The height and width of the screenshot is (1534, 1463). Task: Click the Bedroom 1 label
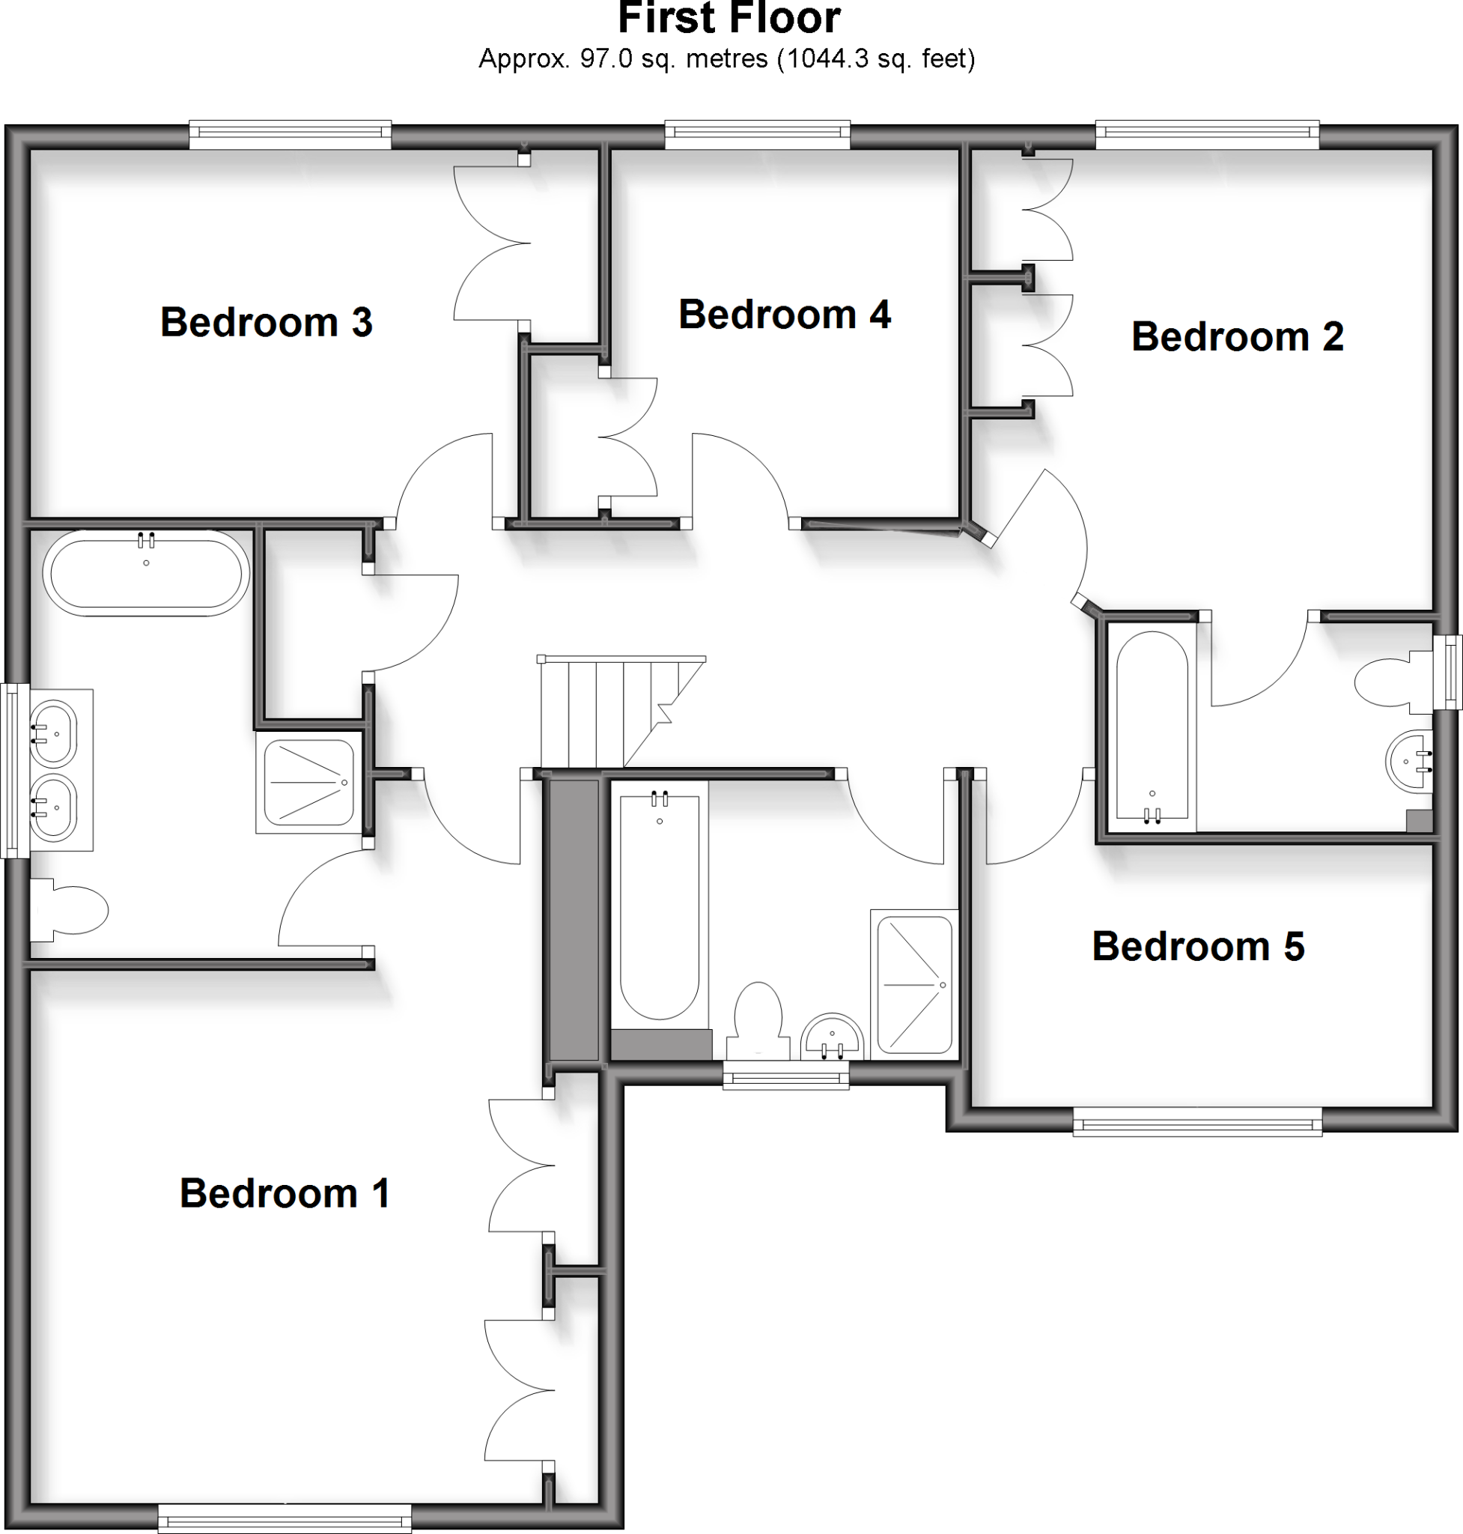(x=284, y=1193)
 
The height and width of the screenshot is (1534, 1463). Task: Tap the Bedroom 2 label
(x=1237, y=336)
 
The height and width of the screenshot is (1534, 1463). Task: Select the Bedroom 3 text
(x=266, y=321)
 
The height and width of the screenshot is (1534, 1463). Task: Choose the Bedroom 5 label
(x=1197, y=946)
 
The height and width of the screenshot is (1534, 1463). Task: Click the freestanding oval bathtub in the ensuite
(x=146, y=574)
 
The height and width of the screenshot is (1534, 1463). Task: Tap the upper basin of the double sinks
(x=53, y=732)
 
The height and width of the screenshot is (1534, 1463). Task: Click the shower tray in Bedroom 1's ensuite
(x=308, y=782)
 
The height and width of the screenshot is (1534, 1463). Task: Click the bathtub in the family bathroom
(x=659, y=905)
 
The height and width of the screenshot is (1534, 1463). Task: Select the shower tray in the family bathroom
(x=914, y=985)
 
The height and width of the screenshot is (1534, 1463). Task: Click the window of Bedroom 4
(x=756, y=135)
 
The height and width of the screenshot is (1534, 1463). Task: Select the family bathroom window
(x=785, y=1079)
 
